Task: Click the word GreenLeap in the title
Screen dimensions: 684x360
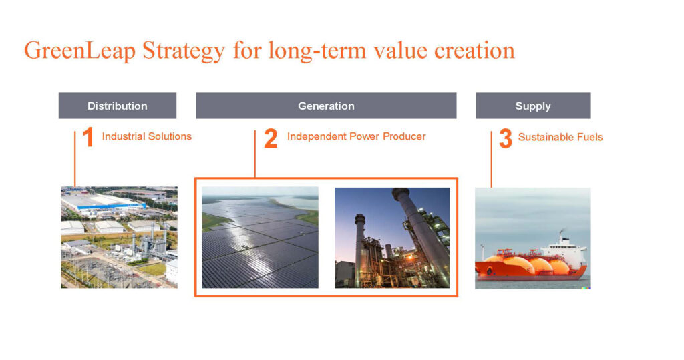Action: pos(80,51)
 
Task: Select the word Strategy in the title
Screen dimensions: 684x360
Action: pos(184,51)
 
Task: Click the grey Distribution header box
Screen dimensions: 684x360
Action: pos(118,106)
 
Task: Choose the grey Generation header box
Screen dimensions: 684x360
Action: pos(326,106)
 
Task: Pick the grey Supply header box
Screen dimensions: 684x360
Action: pos(533,106)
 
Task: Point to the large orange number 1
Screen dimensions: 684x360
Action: pos(88,137)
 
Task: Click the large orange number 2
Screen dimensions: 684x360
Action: pos(271,138)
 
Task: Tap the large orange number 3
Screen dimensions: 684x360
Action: pos(506,138)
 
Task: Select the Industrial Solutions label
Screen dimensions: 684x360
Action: pos(146,136)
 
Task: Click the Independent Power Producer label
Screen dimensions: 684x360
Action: pos(357,136)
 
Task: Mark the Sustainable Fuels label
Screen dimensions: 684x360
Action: pos(560,137)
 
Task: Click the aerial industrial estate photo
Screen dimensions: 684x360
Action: pos(119,237)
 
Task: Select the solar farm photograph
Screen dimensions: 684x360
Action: pos(260,237)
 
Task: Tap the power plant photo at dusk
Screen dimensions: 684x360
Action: pos(392,238)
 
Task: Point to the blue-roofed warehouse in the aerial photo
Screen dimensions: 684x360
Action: pos(102,203)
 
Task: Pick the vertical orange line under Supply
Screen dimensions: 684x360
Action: pos(491,159)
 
